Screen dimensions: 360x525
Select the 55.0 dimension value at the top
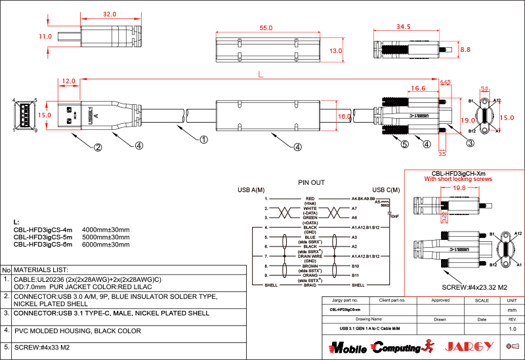[266, 29]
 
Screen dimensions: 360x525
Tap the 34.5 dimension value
[404, 27]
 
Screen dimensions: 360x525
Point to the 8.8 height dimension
[465, 49]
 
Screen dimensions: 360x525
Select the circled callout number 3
[471, 143]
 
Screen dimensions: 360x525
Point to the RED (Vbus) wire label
[310, 198]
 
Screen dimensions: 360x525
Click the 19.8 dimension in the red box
[459, 188]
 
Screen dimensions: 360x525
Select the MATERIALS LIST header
[41, 270]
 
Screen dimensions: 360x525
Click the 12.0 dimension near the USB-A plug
[68, 81]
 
